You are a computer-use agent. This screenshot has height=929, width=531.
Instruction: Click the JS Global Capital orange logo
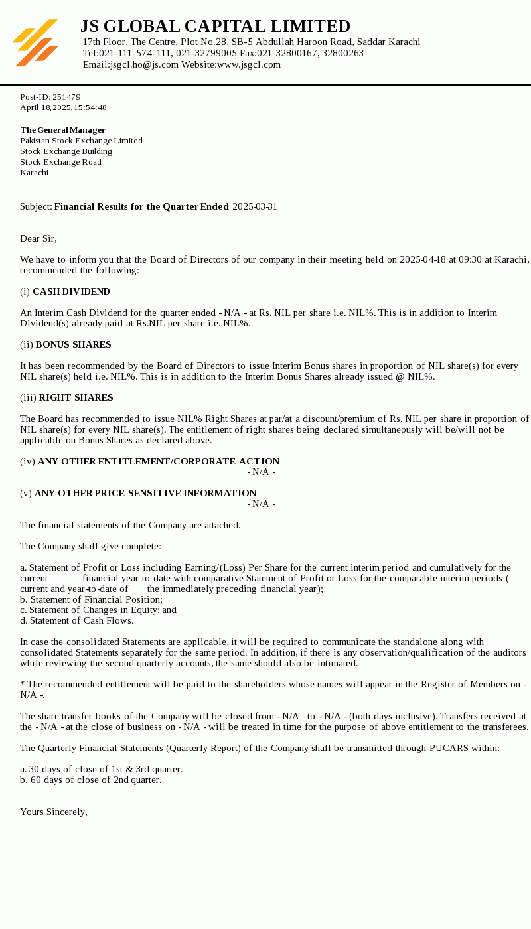[x=35, y=43]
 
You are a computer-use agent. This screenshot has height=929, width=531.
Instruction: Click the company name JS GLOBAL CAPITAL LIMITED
[x=215, y=27]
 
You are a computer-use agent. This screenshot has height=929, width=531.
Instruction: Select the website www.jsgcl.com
[x=249, y=65]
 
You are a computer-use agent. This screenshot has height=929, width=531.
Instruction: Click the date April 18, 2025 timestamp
[x=63, y=107]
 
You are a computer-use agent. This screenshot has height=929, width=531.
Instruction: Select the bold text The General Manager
[x=62, y=130]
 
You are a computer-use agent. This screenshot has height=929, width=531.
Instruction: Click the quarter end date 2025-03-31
[x=255, y=207]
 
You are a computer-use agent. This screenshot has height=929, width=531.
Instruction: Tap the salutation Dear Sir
[x=38, y=239]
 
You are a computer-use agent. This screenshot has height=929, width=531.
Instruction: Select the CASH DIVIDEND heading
[x=71, y=292]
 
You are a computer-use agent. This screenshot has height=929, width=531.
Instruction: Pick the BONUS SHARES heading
[x=73, y=345]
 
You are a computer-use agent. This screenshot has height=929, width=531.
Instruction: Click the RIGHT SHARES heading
[x=76, y=398]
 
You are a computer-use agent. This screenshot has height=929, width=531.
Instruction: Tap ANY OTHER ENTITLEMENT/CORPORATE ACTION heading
[x=159, y=462]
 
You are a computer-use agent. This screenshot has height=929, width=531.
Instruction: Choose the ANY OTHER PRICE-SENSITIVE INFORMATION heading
[x=145, y=494]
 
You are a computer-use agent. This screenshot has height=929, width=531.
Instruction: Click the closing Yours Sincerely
[x=54, y=812]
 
